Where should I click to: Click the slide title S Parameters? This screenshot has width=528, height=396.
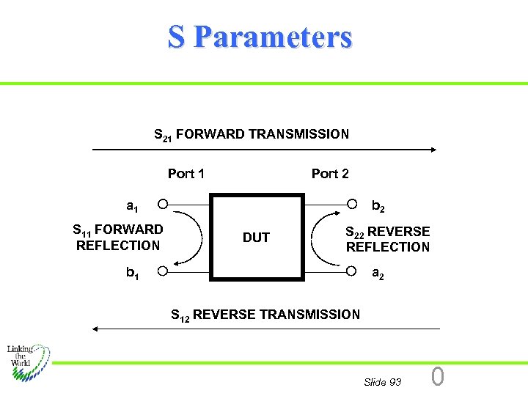[x=260, y=37]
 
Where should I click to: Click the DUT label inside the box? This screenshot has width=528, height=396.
[x=256, y=238]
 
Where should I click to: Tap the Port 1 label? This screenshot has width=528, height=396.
[x=186, y=174]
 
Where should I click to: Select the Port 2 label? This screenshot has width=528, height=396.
[x=330, y=174]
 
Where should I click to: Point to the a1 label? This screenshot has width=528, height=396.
[x=133, y=206]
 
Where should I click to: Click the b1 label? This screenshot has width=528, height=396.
[x=133, y=274]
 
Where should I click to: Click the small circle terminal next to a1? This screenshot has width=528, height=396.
[x=163, y=203]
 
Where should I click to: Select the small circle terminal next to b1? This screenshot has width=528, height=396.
[x=163, y=271]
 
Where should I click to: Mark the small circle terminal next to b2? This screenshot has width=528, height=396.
[x=352, y=203]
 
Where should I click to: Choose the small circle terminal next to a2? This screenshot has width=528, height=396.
[x=352, y=271]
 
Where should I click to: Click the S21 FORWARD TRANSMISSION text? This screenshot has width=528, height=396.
[x=252, y=135]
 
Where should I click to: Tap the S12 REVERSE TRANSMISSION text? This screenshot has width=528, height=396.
[x=265, y=315]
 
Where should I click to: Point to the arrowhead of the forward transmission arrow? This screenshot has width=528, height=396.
[x=433, y=150]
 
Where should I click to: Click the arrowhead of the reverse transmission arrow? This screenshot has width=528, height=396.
[x=96, y=329]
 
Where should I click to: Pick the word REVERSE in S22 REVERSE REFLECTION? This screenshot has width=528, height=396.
[x=399, y=232]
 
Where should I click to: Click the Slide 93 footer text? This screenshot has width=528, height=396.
[x=382, y=382]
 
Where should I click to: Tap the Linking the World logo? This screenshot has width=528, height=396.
[x=28, y=363]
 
